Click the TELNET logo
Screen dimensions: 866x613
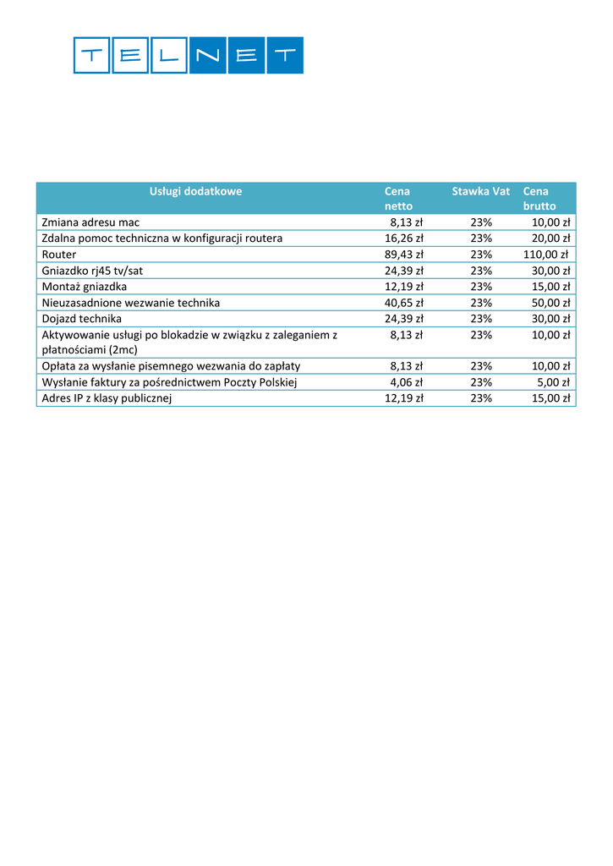(188, 55)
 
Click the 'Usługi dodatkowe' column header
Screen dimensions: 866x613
(195, 191)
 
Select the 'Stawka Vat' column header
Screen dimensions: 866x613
(480, 191)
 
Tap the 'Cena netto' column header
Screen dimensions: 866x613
(398, 199)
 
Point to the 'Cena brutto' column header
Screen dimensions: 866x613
(539, 199)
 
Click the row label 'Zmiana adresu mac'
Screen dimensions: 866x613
(90, 222)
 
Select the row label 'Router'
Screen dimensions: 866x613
(59, 255)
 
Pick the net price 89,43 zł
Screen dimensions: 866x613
(404, 255)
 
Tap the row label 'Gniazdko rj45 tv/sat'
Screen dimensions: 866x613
(93, 271)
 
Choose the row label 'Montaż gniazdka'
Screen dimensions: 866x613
(85, 287)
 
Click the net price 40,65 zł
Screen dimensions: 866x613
(404, 303)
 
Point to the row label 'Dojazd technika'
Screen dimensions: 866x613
(82, 319)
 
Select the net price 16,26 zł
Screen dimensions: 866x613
(404, 238)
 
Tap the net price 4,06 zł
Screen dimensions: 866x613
(407, 382)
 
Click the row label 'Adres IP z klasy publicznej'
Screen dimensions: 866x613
(107, 398)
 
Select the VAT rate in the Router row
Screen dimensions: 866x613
(481, 255)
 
